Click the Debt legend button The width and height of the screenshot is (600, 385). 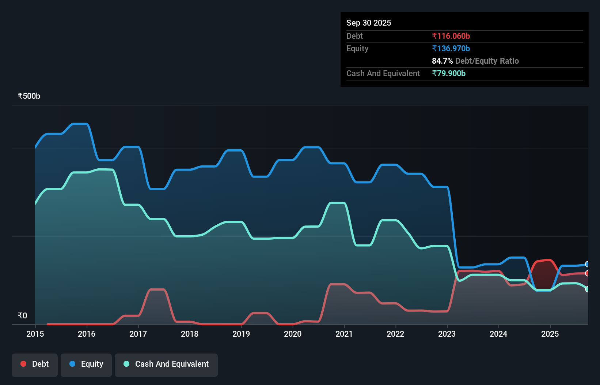pos(35,365)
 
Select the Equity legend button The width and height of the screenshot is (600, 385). pos(86,365)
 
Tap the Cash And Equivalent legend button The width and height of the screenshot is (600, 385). pos(166,365)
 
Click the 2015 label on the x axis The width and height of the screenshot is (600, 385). pos(35,334)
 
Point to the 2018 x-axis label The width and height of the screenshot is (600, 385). pos(190,334)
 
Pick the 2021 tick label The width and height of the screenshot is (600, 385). pos(344,334)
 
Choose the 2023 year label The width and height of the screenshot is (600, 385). pos(447,334)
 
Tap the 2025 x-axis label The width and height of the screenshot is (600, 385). pos(550,334)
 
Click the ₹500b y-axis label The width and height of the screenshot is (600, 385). pos(29,96)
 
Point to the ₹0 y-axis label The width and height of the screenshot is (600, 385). pos(22,315)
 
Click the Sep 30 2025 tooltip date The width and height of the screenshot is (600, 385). pos(368,23)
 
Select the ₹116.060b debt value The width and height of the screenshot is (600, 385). pos(451,36)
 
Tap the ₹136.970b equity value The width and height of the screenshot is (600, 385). pos(451,48)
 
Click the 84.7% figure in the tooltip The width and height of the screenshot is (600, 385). pos(442,61)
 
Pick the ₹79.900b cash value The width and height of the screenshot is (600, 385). pos(448,73)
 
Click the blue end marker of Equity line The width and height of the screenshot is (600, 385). pos(588,264)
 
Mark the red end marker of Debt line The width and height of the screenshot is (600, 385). pos(588,273)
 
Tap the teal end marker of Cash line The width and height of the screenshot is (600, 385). pos(588,289)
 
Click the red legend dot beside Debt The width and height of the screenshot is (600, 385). pos(23,364)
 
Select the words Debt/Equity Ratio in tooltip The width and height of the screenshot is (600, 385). pos(487,61)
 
